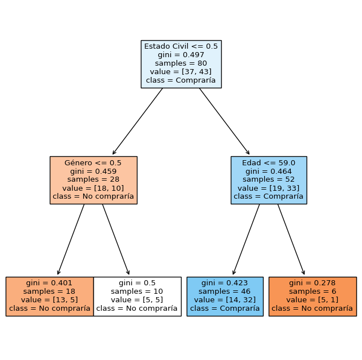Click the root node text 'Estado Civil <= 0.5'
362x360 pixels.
181,46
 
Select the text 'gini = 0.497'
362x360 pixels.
181,55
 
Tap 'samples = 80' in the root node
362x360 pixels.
181,63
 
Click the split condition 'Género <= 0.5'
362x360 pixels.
93,162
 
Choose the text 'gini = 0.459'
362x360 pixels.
93,171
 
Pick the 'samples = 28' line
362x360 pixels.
93,179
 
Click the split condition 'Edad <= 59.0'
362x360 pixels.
269,162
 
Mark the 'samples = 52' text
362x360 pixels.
269,179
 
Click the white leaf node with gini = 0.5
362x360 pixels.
137,296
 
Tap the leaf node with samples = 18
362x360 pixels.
49,296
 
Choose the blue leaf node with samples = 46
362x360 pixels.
225,296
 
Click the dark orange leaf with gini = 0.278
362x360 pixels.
312,296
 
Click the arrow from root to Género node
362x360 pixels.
137,122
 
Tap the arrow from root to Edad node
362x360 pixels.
225,122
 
